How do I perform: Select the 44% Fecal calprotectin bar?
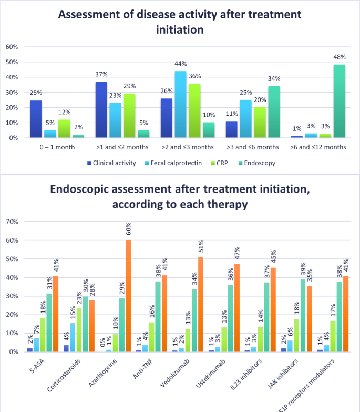coord(181,105)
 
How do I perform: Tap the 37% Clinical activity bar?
coord(101,110)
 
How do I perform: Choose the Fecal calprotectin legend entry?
coord(172,163)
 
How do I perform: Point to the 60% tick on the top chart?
coord(12,47)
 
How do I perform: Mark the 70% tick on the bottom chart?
coord(12,222)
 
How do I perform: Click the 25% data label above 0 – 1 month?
coord(36,93)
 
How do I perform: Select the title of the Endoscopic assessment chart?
coord(180,196)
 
